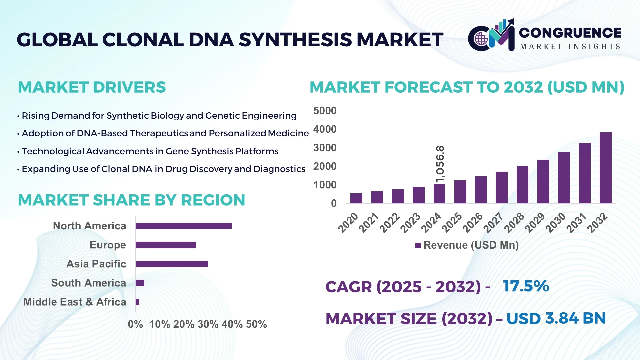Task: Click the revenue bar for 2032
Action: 605,168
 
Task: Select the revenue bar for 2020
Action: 356,198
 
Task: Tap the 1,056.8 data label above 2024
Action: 440,164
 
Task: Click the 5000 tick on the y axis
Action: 325,111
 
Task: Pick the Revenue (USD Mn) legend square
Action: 418,245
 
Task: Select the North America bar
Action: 183,226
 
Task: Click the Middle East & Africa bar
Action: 137,302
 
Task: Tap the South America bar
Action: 140,283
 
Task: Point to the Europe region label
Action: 108,245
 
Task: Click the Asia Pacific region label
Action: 96,264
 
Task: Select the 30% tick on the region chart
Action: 208,324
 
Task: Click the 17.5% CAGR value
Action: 526,286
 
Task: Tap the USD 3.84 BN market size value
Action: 556,318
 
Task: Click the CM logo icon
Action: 491,36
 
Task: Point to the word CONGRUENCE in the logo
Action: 570,33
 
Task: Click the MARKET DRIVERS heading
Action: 92,87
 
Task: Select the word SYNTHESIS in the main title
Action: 295,40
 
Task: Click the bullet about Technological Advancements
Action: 150,151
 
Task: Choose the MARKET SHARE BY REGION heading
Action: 131,200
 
